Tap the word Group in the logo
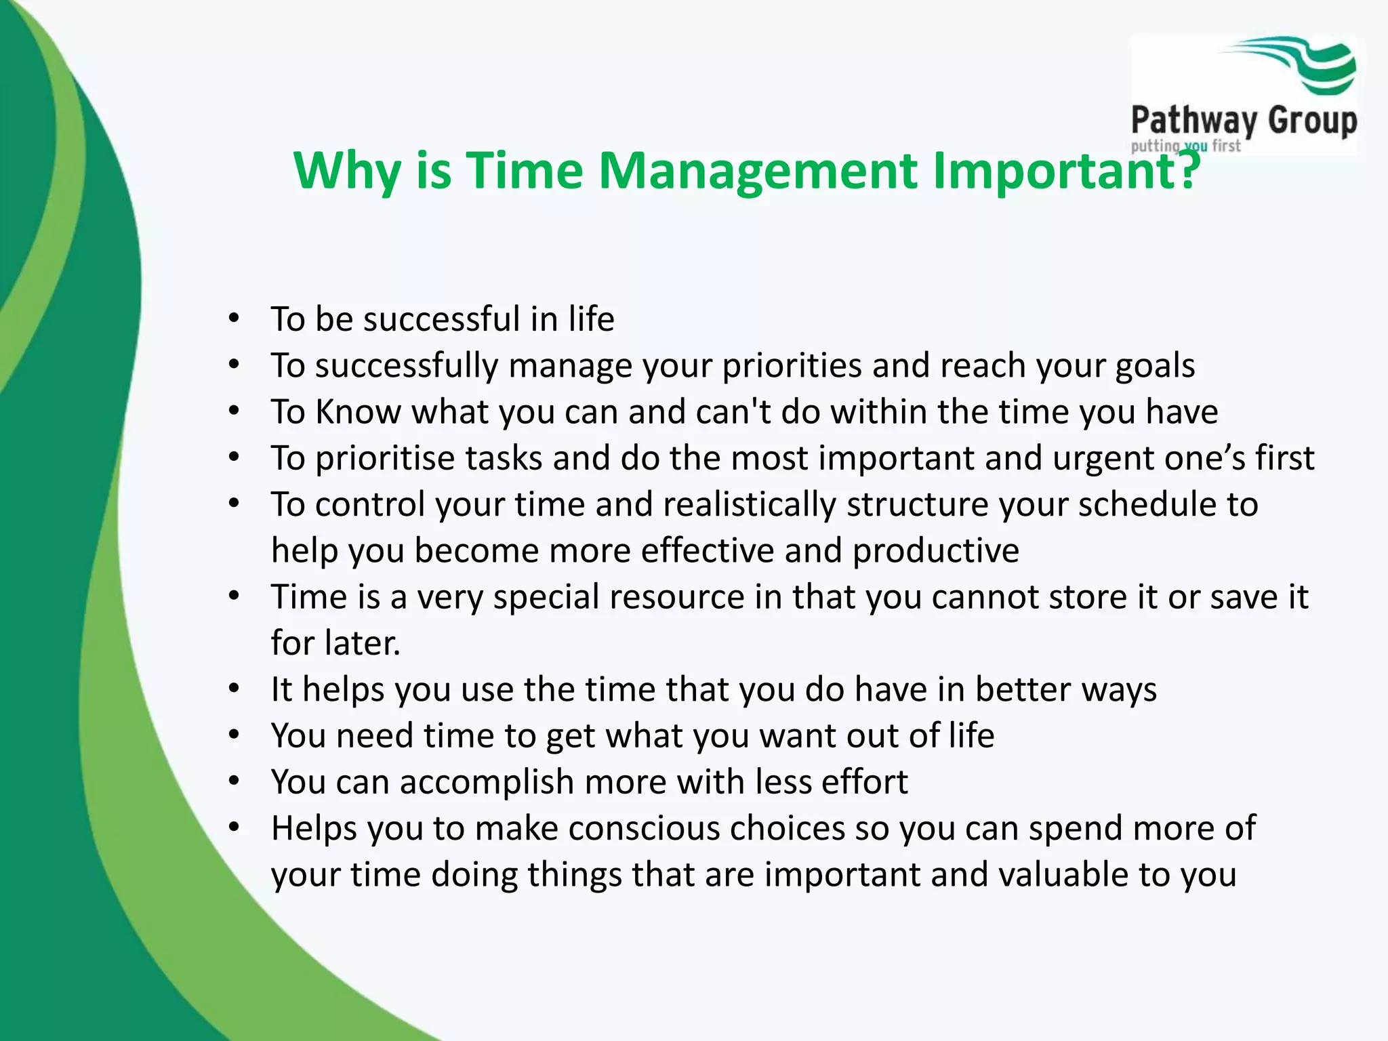(x=1312, y=121)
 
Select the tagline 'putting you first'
(x=1185, y=146)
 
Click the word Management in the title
(x=758, y=170)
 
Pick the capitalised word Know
(x=358, y=412)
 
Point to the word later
(x=363, y=643)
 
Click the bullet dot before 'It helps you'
(x=234, y=689)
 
